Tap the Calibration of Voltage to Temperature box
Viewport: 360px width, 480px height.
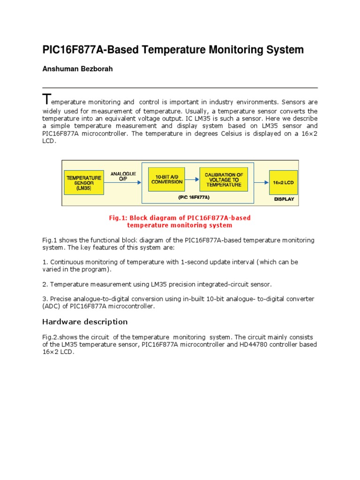223,180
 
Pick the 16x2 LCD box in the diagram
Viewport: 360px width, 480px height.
283,182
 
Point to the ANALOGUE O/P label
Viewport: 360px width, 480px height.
123,176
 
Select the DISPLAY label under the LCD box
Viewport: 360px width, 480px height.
284,199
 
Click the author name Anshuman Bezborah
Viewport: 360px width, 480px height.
71,69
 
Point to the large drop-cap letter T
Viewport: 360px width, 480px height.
45,99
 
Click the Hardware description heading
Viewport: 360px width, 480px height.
85,322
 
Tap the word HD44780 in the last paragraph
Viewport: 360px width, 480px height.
242,345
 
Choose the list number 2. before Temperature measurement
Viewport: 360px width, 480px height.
45,284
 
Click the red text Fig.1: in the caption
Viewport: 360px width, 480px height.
118,217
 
